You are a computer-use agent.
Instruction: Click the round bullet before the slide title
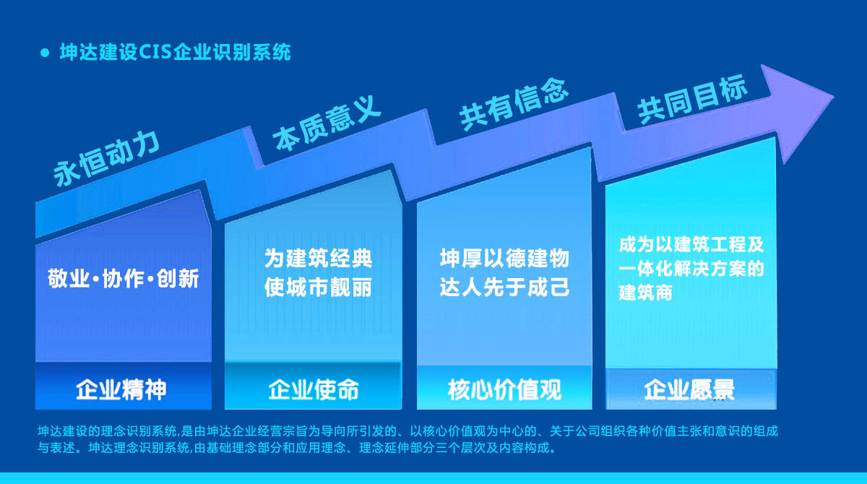pos(45,53)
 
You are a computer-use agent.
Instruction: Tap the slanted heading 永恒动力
pos(106,159)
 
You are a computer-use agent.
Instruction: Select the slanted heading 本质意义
pos(327,123)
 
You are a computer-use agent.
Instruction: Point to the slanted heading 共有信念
pos(514,104)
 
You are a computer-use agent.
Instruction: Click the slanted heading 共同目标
pos(692,99)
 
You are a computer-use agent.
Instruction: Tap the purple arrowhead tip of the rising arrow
pos(833,97)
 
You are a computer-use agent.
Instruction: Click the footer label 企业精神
pos(121,389)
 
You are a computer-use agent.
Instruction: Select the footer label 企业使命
pos(314,389)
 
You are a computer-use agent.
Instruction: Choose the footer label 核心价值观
pos(504,389)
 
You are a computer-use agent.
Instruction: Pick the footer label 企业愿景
pos(689,389)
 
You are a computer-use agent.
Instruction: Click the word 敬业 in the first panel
pos(69,279)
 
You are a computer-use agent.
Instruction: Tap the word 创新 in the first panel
pos(178,279)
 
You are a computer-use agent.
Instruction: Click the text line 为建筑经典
pos(318,259)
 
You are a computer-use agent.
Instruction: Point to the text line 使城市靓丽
pos(318,287)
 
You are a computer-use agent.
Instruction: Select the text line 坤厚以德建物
pos(504,259)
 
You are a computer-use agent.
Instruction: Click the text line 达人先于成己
pos(504,287)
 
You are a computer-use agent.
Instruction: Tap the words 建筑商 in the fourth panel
pos(646,293)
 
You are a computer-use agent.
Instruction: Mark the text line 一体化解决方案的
pos(691,269)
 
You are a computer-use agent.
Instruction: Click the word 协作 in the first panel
pos(124,279)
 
